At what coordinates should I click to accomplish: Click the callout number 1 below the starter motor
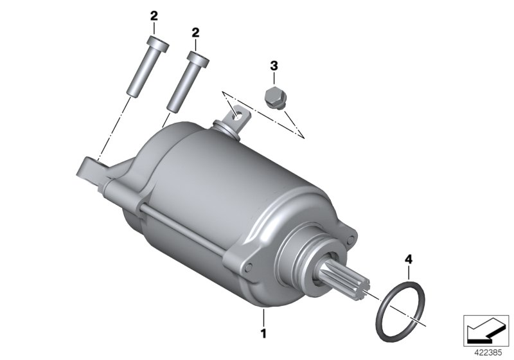pos(263,334)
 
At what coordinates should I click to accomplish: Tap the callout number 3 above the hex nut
pos(274,66)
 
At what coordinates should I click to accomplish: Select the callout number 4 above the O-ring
pos(409,260)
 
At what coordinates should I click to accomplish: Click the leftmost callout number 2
pos(154,15)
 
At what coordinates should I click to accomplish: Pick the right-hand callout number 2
pos(195,32)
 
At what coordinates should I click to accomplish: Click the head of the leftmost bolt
pos(158,44)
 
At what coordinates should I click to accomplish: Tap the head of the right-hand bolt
pos(198,59)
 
